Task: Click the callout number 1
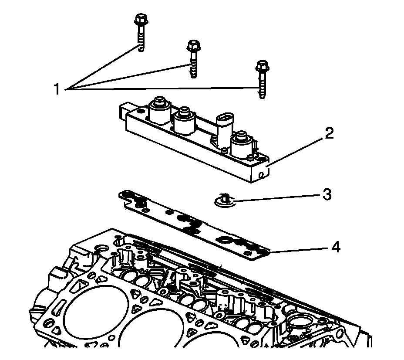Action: point(56,89)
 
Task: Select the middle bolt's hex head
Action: point(193,45)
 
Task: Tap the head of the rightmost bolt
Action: point(260,66)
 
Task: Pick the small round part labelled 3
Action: point(225,200)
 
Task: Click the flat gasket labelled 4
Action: point(196,222)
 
